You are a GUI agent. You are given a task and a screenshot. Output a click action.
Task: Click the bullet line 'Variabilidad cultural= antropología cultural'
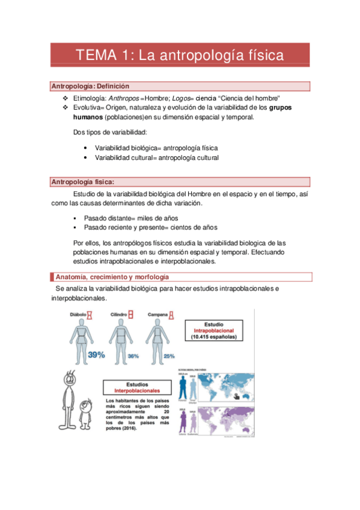click(156, 158)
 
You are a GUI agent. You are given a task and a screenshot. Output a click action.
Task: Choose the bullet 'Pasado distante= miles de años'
click(130, 218)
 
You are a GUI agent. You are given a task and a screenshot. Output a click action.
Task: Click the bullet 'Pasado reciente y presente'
click(150, 227)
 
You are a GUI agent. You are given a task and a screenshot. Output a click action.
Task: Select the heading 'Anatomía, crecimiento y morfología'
click(111, 277)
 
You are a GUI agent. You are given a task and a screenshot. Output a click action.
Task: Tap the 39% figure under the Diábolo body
click(96, 355)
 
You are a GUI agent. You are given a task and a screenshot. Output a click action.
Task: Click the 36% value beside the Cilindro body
click(133, 356)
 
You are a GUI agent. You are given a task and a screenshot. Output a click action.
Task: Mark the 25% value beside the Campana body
click(169, 355)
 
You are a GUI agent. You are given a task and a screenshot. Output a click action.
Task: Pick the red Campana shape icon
click(170, 315)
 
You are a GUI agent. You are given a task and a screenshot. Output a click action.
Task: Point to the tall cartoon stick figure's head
click(70, 380)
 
